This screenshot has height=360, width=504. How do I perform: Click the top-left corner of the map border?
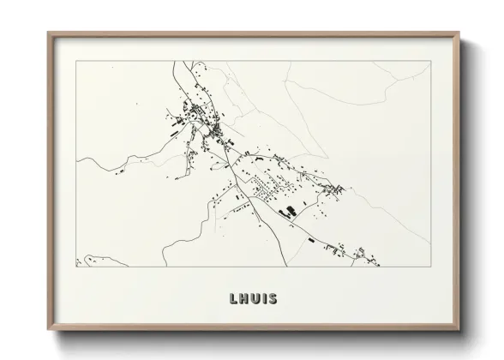click(x=77, y=61)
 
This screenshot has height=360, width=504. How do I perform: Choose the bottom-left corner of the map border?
click(x=77, y=267)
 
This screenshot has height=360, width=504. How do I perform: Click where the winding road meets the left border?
click(x=78, y=162)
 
